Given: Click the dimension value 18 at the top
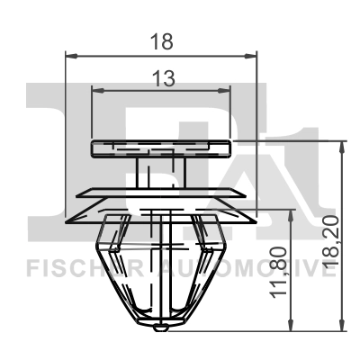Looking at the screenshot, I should click(x=162, y=40).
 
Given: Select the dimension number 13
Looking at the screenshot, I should click(x=163, y=78).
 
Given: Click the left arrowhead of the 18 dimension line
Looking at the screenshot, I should click(x=73, y=57).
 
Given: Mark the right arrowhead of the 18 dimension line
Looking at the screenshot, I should click(x=252, y=57).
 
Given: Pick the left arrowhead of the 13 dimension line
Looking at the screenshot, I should click(x=98, y=91).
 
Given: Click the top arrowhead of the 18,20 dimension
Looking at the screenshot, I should click(x=341, y=146).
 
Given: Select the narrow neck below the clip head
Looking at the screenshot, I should click(x=155, y=172).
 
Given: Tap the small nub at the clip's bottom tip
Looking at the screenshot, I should click(x=160, y=325).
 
